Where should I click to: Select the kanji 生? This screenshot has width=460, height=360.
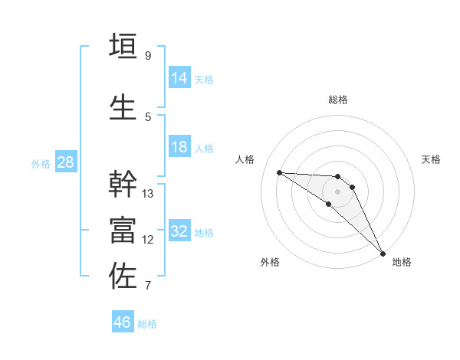(x=123, y=107)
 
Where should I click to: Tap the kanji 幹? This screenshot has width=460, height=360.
(x=123, y=185)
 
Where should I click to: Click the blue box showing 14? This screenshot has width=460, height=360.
(x=179, y=77)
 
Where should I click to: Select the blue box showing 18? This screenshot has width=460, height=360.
(x=179, y=147)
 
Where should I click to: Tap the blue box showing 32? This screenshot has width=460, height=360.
(x=179, y=231)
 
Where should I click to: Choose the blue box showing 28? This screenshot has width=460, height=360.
(x=64, y=162)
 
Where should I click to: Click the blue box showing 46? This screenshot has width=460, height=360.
(x=122, y=322)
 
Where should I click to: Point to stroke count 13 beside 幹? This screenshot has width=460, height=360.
(x=148, y=193)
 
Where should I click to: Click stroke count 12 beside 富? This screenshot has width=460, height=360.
(x=148, y=240)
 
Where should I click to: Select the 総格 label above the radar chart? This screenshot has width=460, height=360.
(x=338, y=100)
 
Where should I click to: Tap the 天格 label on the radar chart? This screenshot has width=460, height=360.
(x=432, y=159)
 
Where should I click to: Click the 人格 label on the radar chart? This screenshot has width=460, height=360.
(x=245, y=159)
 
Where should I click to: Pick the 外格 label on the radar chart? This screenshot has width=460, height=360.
(x=269, y=262)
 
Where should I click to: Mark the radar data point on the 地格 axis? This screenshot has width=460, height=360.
(x=383, y=252)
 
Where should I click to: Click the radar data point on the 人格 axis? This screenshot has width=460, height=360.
(x=279, y=172)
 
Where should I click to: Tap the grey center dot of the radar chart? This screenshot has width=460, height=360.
(x=338, y=191)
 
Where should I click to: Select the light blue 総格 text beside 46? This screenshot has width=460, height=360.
(x=147, y=324)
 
